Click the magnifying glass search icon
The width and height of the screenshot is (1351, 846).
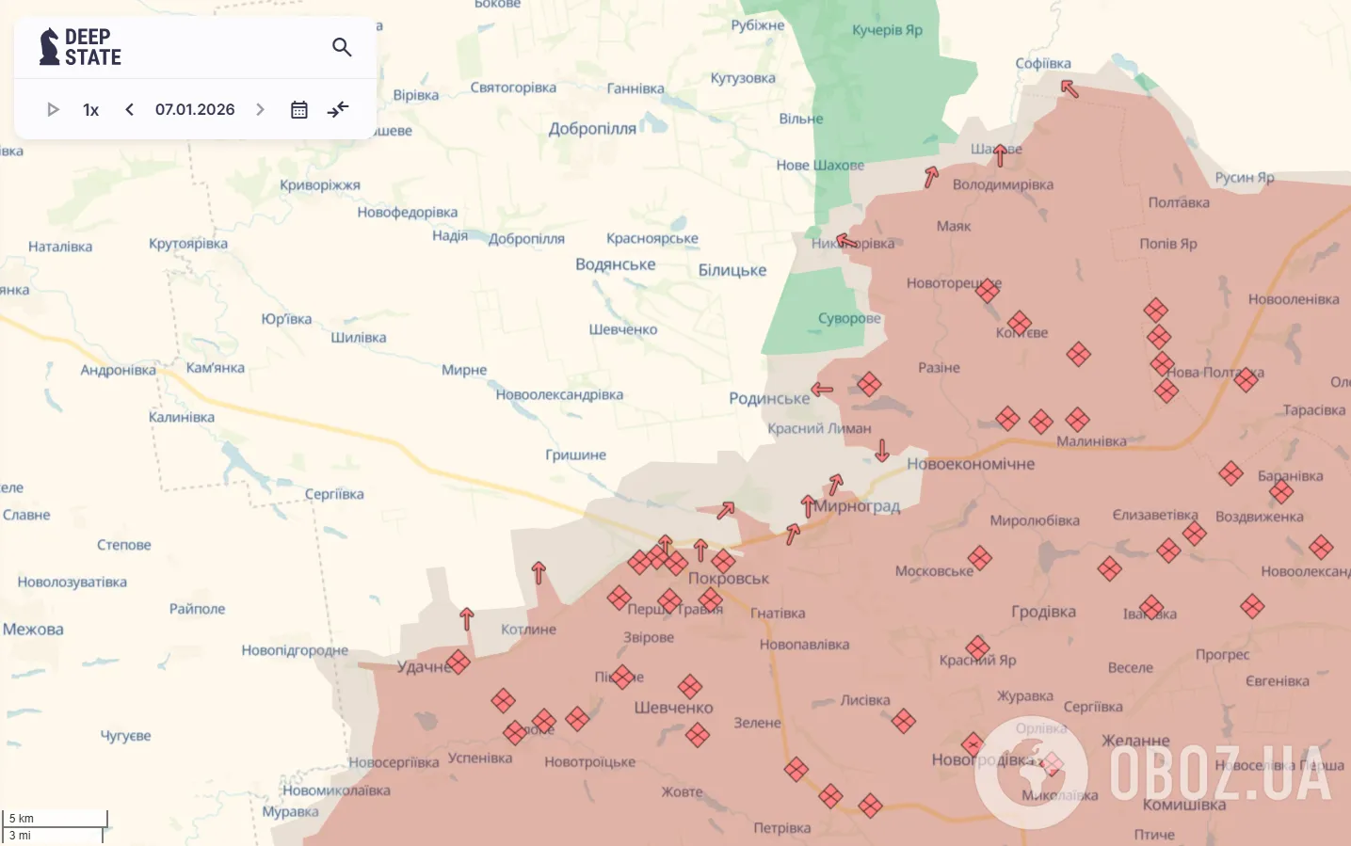(342, 47)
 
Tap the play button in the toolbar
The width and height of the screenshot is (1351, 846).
(53, 110)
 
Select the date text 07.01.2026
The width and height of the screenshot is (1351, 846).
(195, 110)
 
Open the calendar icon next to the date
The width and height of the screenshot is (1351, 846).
(299, 110)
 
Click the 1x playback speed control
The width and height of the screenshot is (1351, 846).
(90, 110)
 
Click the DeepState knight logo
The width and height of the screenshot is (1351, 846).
(49, 47)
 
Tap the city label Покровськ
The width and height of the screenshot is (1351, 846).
(729, 579)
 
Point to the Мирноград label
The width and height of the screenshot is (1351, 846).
(857, 506)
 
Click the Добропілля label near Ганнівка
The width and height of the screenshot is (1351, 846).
(592, 129)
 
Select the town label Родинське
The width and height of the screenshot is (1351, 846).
(768, 399)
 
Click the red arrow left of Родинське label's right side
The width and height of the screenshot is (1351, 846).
(822, 389)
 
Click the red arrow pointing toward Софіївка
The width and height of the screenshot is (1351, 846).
(1070, 88)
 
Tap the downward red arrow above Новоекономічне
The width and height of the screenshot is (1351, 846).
(881, 450)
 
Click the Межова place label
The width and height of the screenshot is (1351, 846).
(33, 630)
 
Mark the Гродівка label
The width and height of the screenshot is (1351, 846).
(1043, 612)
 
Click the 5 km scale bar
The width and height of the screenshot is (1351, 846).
(55, 819)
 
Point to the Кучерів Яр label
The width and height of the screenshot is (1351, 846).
(887, 30)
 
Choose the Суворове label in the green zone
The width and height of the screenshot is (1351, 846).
(849, 318)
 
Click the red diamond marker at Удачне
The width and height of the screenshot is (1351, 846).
(458, 662)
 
